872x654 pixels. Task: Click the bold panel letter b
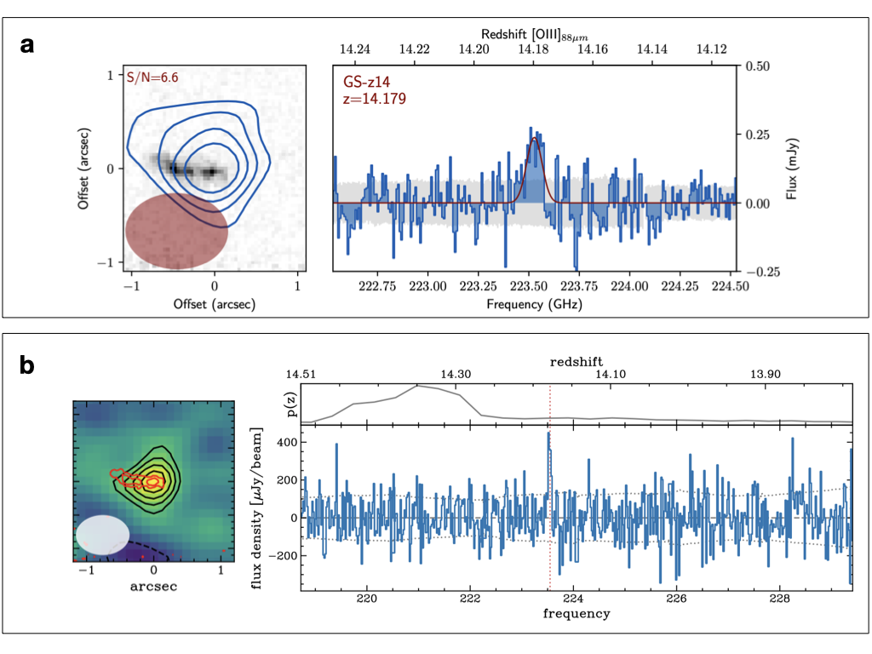(28, 365)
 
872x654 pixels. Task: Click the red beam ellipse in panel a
(177, 229)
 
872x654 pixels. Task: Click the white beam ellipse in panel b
(102, 535)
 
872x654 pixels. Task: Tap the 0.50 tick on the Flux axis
(760, 66)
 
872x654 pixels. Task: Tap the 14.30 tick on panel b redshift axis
(457, 374)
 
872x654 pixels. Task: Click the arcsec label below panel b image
(153, 586)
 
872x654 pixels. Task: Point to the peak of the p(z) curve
(417, 386)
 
